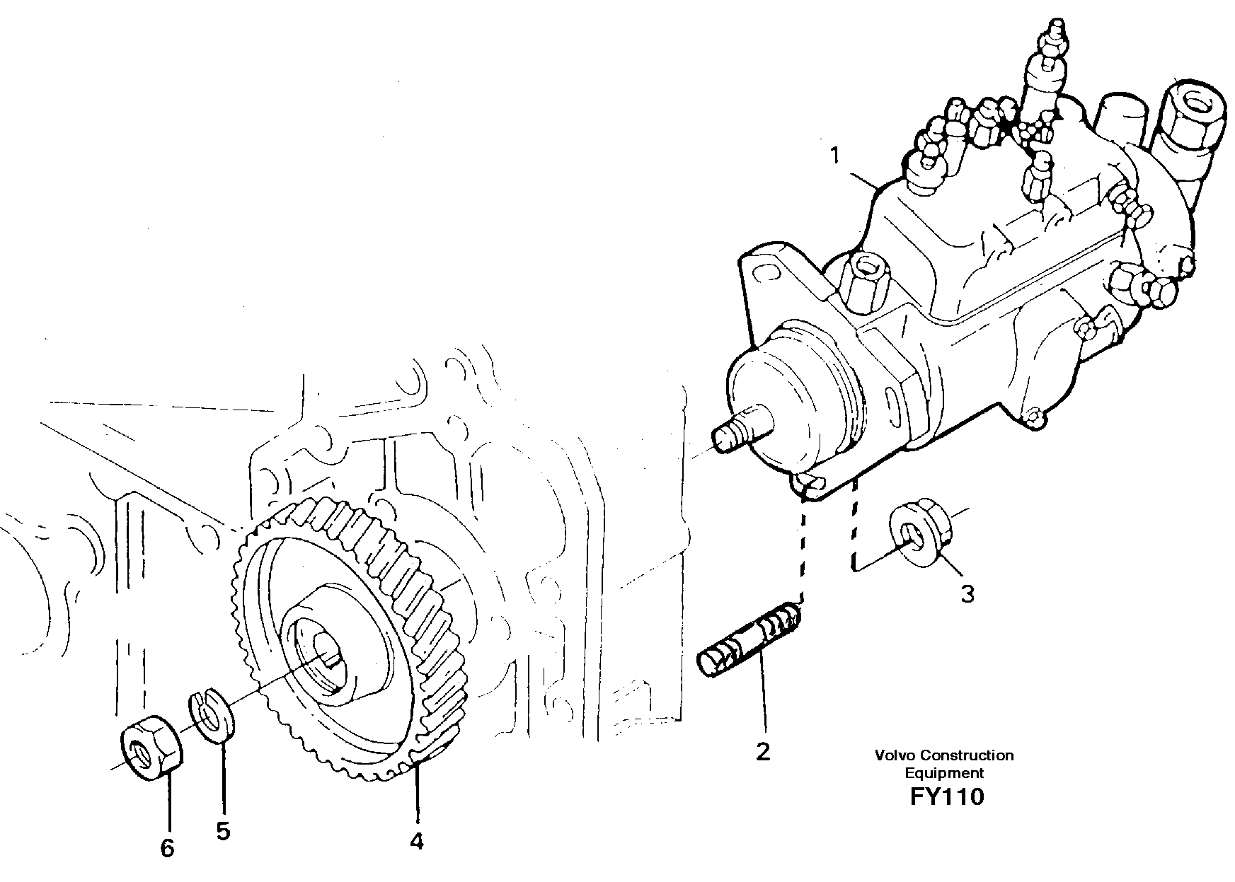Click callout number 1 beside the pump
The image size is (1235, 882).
[x=836, y=155]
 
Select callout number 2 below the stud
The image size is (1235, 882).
[x=762, y=752]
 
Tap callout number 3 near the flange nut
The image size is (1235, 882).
[x=967, y=593]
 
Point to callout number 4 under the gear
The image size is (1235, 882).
[x=417, y=841]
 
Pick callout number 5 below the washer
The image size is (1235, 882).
[x=223, y=831]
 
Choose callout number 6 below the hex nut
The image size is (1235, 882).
[x=167, y=848]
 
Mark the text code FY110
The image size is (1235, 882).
[x=947, y=797]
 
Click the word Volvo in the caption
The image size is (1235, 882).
[x=892, y=755]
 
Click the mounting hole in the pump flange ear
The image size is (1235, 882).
[x=762, y=273]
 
